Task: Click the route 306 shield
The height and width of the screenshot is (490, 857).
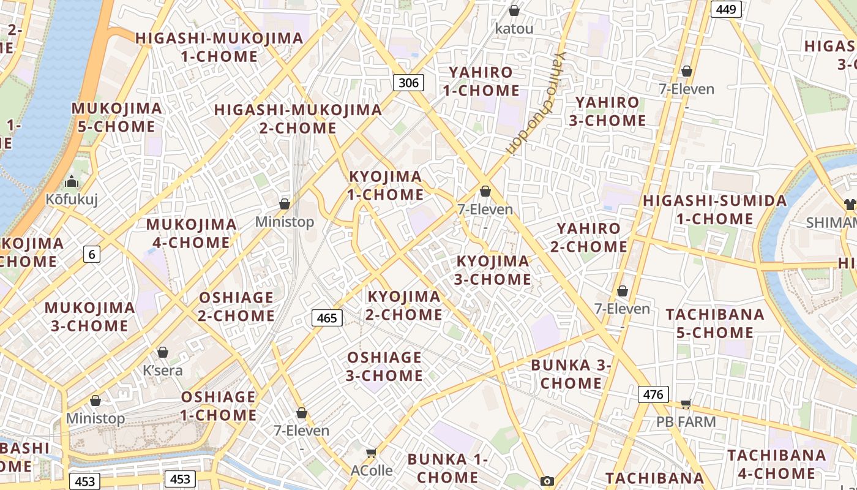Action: pyautogui.click(x=408, y=83)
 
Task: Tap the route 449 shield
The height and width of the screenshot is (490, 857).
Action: pyautogui.click(x=726, y=9)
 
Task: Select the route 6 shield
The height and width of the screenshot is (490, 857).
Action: pyautogui.click(x=92, y=254)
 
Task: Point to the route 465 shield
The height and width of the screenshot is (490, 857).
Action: pyautogui.click(x=327, y=318)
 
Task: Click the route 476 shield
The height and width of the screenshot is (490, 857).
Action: pyautogui.click(x=653, y=394)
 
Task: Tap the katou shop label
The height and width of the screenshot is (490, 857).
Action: pyautogui.click(x=514, y=28)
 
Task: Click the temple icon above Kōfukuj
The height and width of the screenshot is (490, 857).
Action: pyautogui.click(x=72, y=181)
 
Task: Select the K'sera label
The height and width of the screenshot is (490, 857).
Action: pyautogui.click(x=162, y=370)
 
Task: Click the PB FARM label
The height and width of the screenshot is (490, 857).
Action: pyautogui.click(x=686, y=422)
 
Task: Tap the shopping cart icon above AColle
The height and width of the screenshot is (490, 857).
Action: pyautogui.click(x=371, y=453)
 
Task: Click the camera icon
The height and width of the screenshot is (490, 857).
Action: pyautogui.click(x=547, y=481)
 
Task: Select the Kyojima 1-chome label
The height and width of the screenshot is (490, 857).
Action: pyautogui.click(x=386, y=186)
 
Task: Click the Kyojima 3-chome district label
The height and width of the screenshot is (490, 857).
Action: pyautogui.click(x=493, y=270)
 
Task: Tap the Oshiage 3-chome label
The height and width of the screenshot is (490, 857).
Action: pyautogui.click(x=384, y=366)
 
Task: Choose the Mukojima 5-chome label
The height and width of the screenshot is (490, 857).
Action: pyautogui.click(x=117, y=118)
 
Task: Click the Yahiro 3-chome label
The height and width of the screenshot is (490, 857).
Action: pyautogui.click(x=607, y=111)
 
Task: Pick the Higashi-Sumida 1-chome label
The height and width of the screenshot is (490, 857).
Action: pyautogui.click(x=715, y=209)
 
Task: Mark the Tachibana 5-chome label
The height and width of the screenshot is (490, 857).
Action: pyautogui.click(x=715, y=323)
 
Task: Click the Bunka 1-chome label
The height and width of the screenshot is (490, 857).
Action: pyautogui.click(x=447, y=468)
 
